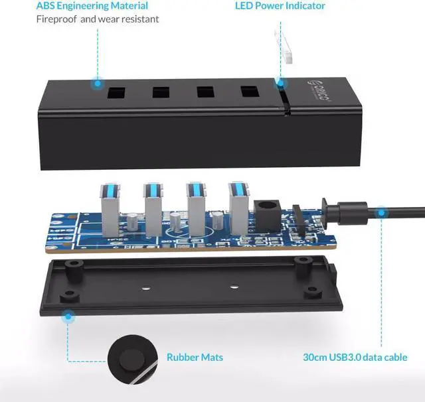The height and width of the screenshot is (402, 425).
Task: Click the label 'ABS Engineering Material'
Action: [x=92, y=6]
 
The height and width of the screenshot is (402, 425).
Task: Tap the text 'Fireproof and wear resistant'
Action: [x=98, y=19]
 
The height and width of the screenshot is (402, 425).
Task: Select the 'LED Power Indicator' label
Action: [x=280, y=6]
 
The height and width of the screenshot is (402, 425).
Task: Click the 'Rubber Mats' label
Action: [x=195, y=358]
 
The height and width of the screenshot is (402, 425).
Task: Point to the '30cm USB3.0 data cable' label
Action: [x=355, y=358]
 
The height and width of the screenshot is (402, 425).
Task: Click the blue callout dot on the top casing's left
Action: [x=98, y=84]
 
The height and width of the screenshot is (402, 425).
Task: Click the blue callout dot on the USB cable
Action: [x=381, y=213]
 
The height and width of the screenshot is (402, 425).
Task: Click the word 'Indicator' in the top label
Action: [x=301, y=6]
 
